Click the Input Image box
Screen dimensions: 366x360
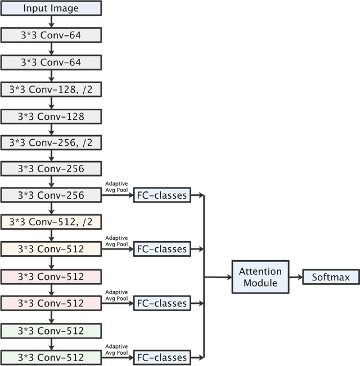coord(51,8)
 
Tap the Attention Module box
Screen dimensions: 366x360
coord(260,276)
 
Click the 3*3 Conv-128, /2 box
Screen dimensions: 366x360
coord(51,89)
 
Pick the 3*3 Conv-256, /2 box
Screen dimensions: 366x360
coord(51,142)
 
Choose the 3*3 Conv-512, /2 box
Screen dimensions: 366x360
coord(51,222)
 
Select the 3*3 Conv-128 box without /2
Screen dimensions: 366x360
coord(51,116)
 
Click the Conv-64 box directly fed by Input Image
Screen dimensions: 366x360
coord(51,35)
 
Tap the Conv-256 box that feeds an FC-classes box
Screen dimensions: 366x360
coord(51,195)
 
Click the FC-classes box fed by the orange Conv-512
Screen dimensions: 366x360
coord(162,249)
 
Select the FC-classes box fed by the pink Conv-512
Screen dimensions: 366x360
coord(162,303)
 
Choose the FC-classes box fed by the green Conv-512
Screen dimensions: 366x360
coord(162,358)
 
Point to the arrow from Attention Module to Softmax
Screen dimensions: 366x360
coord(296,277)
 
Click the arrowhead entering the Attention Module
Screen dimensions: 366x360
coord(229,277)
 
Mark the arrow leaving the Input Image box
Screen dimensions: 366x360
coord(51,21)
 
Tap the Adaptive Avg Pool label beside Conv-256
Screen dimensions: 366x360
coord(116,186)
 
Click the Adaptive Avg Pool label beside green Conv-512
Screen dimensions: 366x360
coord(116,349)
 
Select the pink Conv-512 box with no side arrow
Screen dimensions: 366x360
coord(51,276)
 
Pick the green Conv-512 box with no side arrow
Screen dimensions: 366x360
coord(51,330)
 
